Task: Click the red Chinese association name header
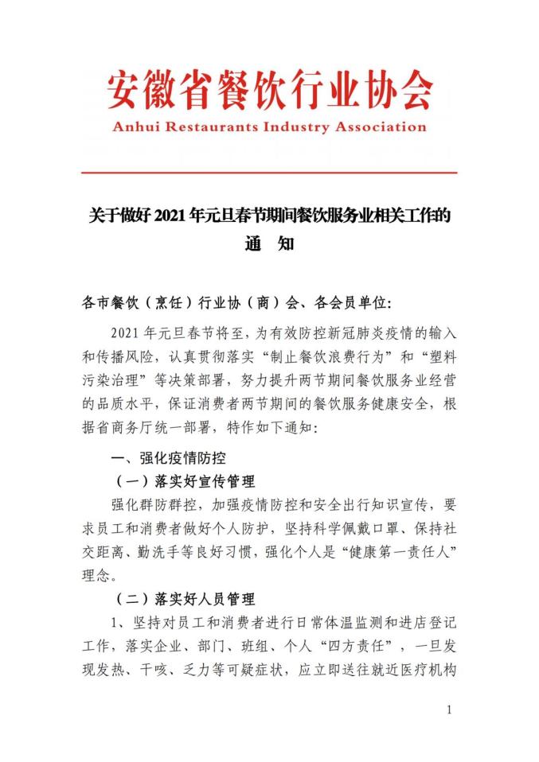[270, 89]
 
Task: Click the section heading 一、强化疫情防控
[171, 458]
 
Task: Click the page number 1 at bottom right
[450, 710]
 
